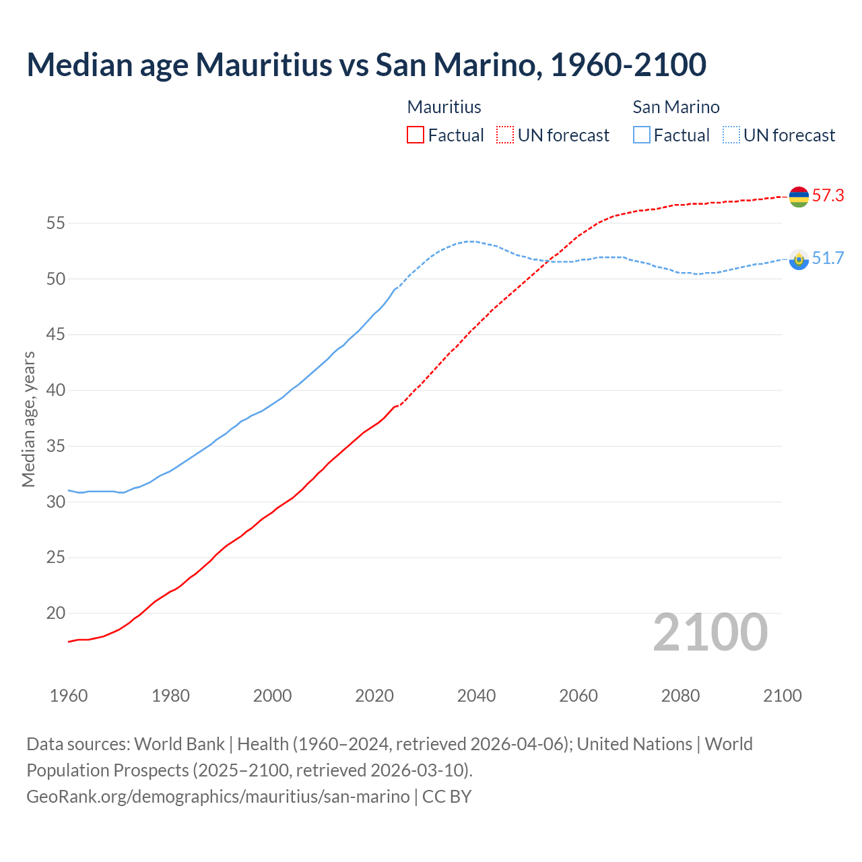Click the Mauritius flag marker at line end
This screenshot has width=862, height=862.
pyautogui.click(x=799, y=197)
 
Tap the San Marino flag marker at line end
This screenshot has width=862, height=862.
pyautogui.click(x=799, y=259)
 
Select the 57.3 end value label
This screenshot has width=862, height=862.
pyautogui.click(x=828, y=196)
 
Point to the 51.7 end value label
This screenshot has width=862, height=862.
pyautogui.click(x=828, y=259)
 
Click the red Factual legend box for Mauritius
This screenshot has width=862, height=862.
pyautogui.click(x=416, y=135)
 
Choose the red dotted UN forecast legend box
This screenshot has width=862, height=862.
pyautogui.click(x=505, y=135)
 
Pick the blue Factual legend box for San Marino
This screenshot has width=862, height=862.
pyautogui.click(x=642, y=135)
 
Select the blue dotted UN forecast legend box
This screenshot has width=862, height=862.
pyautogui.click(x=731, y=135)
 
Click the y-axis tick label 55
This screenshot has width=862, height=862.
pyautogui.click(x=55, y=223)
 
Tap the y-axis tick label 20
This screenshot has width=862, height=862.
pyautogui.click(x=55, y=613)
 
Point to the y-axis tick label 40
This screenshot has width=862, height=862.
pyautogui.click(x=55, y=390)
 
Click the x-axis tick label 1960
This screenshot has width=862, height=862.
pyautogui.click(x=69, y=696)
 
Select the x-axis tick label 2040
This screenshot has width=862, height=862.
pyautogui.click(x=476, y=696)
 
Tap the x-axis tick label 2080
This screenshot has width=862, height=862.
pyautogui.click(x=680, y=696)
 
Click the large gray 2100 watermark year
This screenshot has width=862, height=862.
pyautogui.click(x=710, y=632)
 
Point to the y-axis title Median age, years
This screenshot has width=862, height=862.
pyautogui.click(x=28, y=419)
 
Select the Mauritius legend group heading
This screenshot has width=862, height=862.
pyautogui.click(x=444, y=107)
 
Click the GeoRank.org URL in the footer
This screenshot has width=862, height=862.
pyautogui.click(x=218, y=796)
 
